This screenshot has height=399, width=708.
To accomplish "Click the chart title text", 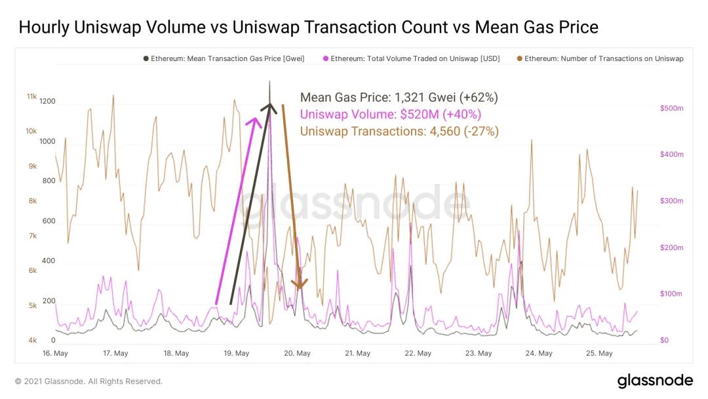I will click(308, 28).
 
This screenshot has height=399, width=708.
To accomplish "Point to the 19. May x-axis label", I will click(237, 353).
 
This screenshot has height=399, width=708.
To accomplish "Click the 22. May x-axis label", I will click(418, 353).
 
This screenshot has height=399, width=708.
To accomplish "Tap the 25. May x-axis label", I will click(600, 353).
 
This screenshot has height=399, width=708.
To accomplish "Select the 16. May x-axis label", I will click(55, 353).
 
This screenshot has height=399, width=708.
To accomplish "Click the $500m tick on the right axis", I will click(671, 108).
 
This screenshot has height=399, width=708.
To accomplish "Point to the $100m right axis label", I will click(671, 293).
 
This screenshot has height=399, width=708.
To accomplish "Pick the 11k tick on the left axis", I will click(31, 96).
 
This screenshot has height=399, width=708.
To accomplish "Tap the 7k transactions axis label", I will click(32, 236).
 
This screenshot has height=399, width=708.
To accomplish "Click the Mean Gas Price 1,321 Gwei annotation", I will click(399, 98).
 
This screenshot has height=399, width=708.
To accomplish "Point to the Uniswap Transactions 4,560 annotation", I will click(399, 131).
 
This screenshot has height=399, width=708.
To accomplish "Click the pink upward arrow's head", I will click(254, 121).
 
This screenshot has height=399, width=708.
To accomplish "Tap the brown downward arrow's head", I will click(300, 284).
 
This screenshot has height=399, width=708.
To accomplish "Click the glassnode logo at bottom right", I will click(655, 381).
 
